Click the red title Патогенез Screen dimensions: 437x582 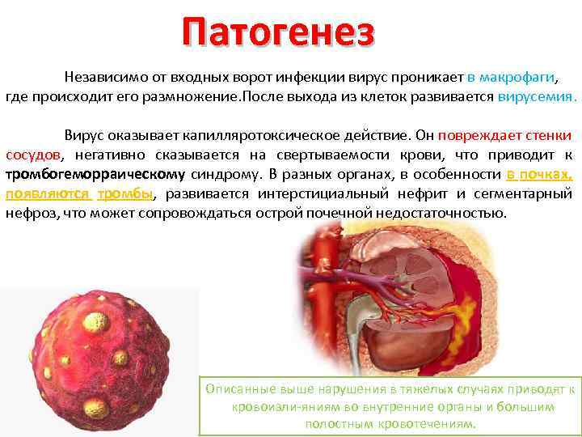(x=279, y=32)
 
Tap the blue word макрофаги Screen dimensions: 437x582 (x=517, y=78)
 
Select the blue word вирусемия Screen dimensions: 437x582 (x=537, y=97)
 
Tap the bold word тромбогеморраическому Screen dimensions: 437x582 (x=95, y=174)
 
